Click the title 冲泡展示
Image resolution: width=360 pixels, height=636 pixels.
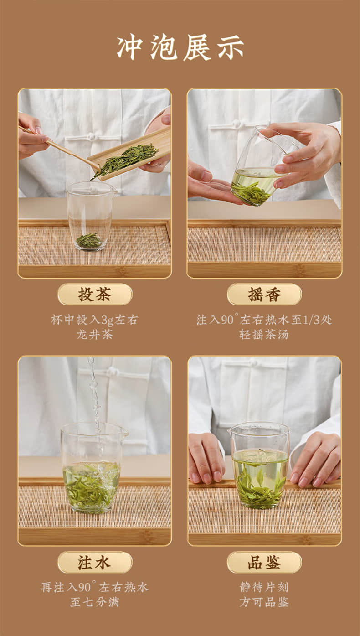coord(180,47)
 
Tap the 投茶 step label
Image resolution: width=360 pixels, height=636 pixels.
coord(95,294)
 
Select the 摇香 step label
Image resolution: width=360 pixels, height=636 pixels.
coord(264,294)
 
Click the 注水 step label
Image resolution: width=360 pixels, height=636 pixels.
coord(95,562)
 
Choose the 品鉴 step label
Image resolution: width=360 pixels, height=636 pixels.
coord(264,562)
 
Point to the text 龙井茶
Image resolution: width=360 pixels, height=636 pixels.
coord(95,335)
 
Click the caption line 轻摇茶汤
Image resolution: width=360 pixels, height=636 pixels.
coord(264,335)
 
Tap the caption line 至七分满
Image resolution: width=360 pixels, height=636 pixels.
coord(95,602)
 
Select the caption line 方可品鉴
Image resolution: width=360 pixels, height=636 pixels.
coord(264,602)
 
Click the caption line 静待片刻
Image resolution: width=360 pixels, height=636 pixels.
coord(264,587)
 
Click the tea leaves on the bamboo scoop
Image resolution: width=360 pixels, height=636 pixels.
coord(125,160)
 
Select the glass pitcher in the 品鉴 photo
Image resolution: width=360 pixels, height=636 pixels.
coord(259,465)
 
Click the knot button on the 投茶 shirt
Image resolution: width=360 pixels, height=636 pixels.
coord(91,136)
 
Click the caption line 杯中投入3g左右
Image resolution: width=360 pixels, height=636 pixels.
coord(95,320)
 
